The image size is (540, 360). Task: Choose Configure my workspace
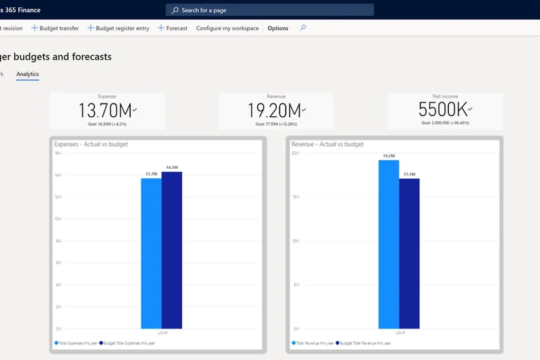tap(227, 28)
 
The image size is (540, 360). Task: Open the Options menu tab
tap(277, 28)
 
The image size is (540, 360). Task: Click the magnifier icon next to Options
tap(303, 28)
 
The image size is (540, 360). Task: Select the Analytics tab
tap(28, 74)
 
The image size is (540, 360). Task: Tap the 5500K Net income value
tap(442, 109)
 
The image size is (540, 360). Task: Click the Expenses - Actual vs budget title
tap(91, 144)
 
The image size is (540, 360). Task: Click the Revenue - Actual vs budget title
tap(327, 144)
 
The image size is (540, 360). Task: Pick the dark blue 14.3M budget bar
tap(171, 250)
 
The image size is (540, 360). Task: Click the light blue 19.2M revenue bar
tap(389, 243)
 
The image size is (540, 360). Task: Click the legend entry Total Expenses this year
tap(77, 343)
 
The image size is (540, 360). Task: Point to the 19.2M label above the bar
tap(389, 155)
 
